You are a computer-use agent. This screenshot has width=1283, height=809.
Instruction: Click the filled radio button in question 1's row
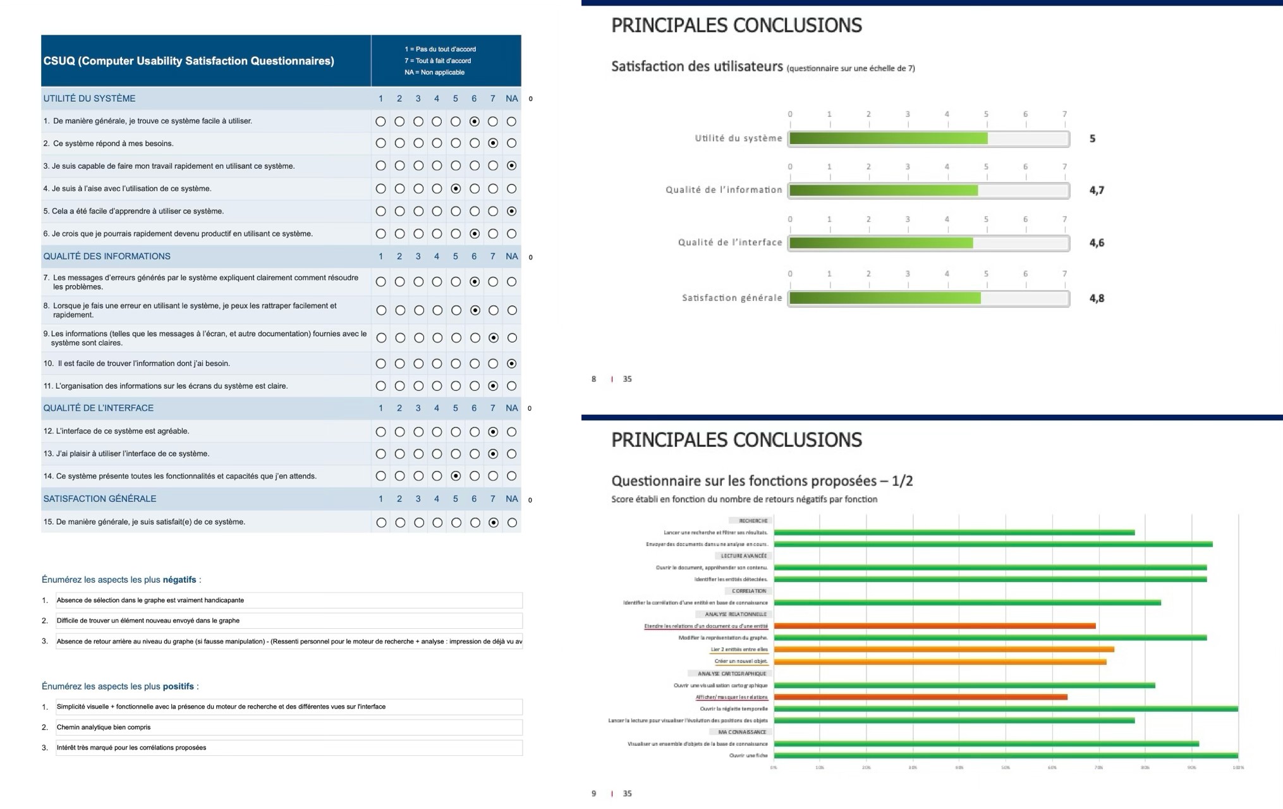pyautogui.click(x=474, y=121)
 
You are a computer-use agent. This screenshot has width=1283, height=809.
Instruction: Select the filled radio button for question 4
pyautogui.click(x=456, y=188)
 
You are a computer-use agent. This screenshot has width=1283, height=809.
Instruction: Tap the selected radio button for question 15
pyautogui.click(x=494, y=523)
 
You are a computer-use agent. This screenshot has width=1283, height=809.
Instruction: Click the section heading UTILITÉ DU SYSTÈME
pyautogui.click(x=89, y=99)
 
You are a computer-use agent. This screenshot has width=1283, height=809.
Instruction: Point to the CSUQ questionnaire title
pyautogui.click(x=188, y=61)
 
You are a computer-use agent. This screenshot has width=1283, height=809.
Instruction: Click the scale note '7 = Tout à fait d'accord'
pyautogui.click(x=437, y=61)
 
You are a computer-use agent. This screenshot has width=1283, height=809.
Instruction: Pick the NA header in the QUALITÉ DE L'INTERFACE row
pyautogui.click(x=511, y=408)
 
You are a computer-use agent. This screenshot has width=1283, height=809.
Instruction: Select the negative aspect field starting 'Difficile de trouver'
pyautogui.click(x=288, y=621)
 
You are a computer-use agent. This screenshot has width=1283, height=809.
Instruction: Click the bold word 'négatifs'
pyautogui.click(x=179, y=580)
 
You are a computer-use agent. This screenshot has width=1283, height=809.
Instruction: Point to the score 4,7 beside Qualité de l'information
pyautogui.click(x=1097, y=190)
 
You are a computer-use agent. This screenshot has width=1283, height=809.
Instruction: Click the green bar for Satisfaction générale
pyautogui.click(x=885, y=298)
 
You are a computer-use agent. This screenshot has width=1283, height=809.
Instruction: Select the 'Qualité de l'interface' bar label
pyautogui.click(x=730, y=243)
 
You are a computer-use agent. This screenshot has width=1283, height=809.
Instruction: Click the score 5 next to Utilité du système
pyautogui.click(x=1093, y=139)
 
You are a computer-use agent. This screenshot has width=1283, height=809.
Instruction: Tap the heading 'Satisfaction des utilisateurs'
pyautogui.click(x=696, y=66)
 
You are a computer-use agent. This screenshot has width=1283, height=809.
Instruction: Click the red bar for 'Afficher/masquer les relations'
pyautogui.click(x=920, y=697)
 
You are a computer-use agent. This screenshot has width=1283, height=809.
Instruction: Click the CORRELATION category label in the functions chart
pyautogui.click(x=749, y=591)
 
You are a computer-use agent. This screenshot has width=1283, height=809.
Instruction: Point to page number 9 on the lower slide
pyautogui.click(x=593, y=794)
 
